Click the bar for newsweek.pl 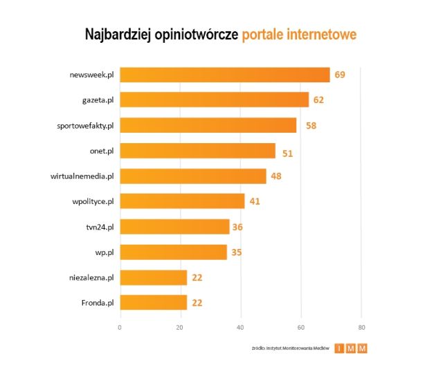point(225,75)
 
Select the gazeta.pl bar point(215,100)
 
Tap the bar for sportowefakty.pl point(208,125)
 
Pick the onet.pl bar point(198,151)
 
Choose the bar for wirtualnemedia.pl point(193,176)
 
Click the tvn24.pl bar point(175,227)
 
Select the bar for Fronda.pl point(154,302)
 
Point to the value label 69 point(339,75)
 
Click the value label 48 point(276,176)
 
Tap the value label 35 point(237,252)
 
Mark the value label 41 point(255,201)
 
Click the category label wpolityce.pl point(92,201)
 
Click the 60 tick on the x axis point(300,326)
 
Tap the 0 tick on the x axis point(120,326)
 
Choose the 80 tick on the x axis point(361,326)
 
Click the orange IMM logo point(351,348)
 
